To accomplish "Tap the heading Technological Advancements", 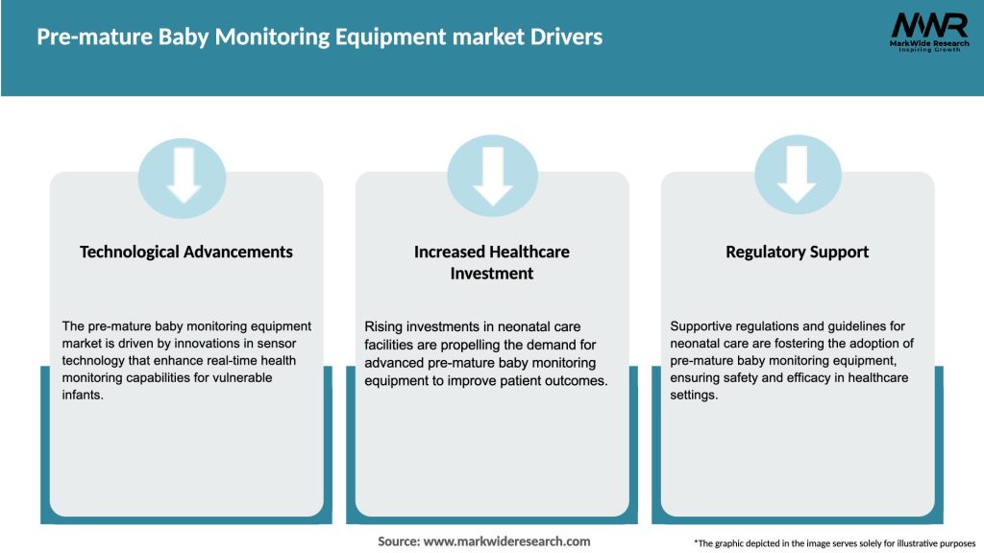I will (x=186, y=252).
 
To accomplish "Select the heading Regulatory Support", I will (x=798, y=252).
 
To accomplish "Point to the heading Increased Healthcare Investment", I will (x=492, y=262).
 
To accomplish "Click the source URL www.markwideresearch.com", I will (x=506, y=541).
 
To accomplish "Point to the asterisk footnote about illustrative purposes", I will (x=834, y=542).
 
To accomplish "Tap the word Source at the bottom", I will (x=399, y=541).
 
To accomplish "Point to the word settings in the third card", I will (x=694, y=395).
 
